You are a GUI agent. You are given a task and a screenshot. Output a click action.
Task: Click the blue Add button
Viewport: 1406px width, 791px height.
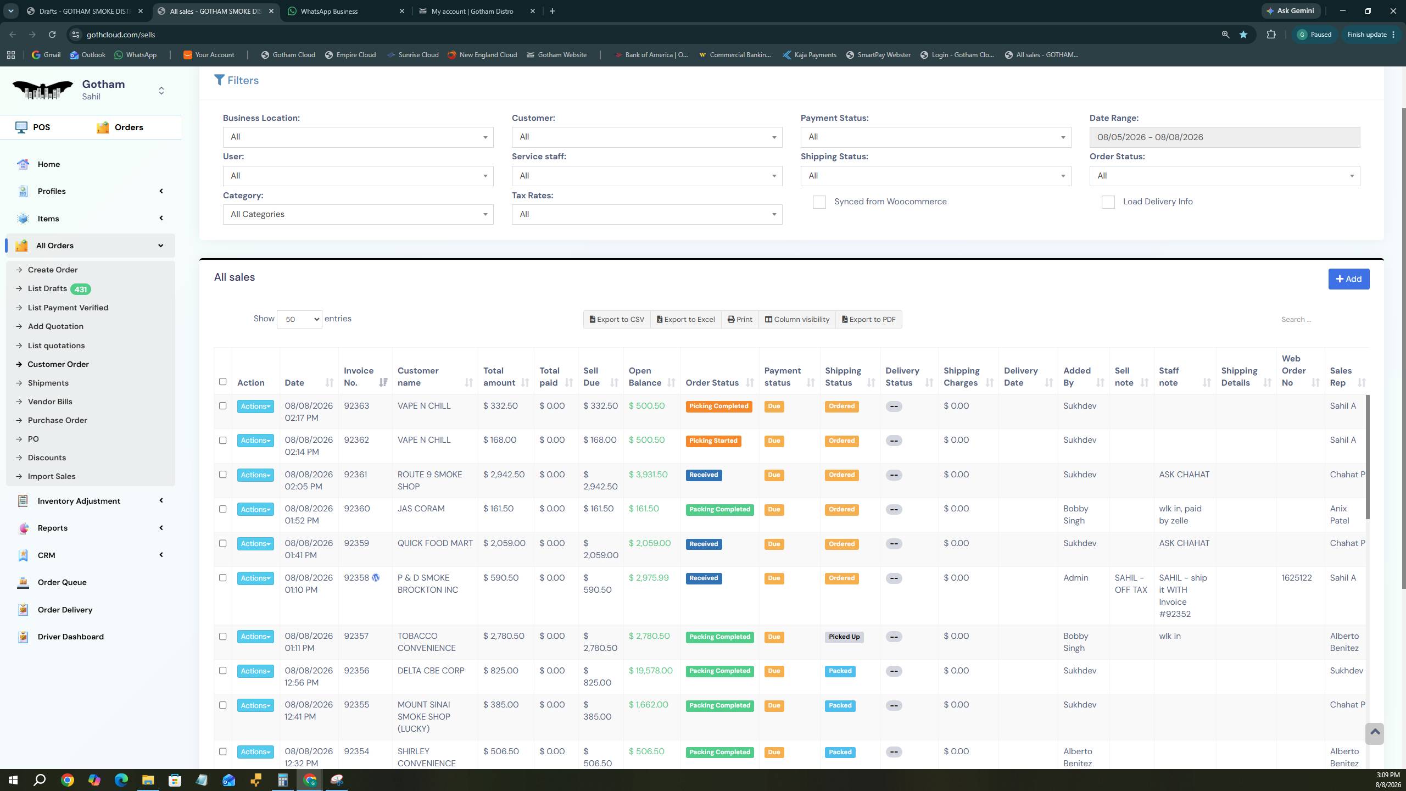1348,279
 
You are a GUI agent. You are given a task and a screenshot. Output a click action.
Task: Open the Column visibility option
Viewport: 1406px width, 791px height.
797,320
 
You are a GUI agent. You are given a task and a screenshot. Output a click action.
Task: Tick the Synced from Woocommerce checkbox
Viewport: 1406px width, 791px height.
819,202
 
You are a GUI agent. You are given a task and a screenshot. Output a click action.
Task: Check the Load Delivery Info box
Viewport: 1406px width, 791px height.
1108,202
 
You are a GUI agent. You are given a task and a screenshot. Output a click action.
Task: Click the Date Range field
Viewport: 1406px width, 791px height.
1225,137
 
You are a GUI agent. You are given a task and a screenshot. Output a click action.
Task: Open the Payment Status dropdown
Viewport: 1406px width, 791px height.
935,137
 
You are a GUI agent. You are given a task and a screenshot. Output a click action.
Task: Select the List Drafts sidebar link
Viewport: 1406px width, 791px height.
47,289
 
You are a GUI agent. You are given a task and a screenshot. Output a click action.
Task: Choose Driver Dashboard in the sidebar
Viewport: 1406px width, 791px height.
71,637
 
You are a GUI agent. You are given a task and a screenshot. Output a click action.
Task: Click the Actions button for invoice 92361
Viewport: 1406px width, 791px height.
255,475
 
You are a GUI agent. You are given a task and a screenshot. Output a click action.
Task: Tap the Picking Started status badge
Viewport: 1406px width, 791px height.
713,441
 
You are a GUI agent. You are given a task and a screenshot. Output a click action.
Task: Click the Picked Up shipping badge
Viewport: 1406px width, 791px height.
844,637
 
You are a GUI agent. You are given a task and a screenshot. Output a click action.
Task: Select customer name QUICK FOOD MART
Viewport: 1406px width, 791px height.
435,543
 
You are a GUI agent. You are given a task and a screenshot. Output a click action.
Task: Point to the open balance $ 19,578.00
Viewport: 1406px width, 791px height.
650,671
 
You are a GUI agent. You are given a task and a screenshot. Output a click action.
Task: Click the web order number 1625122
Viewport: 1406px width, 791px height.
1297,578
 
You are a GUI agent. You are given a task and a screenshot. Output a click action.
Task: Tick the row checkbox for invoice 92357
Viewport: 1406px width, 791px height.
222,637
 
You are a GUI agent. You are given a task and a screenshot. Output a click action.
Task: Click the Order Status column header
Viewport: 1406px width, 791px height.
712,383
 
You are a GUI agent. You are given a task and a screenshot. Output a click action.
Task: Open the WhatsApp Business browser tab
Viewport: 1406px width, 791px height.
329,11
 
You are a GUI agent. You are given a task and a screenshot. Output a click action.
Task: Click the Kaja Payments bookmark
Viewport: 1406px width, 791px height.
810,55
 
